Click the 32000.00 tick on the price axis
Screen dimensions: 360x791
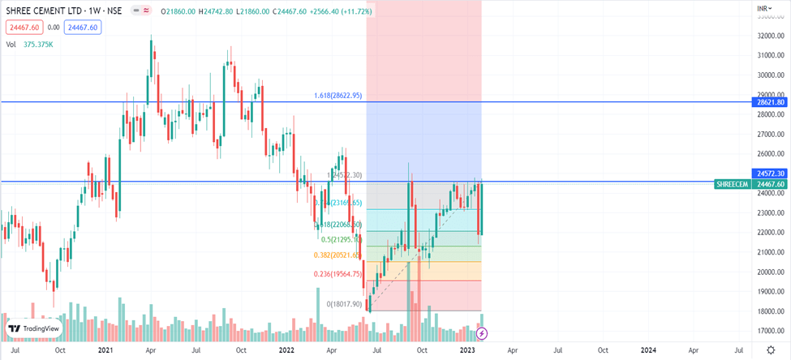tap(772, 36)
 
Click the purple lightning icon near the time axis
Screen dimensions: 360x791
tap(482, 333)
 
